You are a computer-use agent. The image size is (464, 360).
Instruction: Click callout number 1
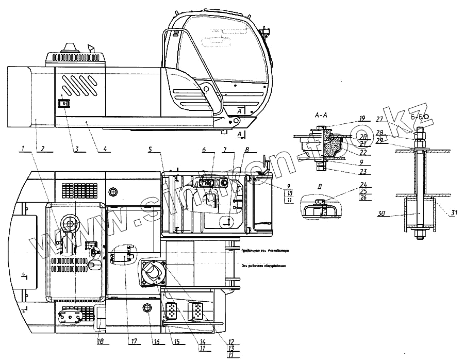pos(23,149)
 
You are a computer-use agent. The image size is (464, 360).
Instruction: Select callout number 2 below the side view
pos(42,149)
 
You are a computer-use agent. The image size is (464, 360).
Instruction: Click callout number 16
pos(156,341)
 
